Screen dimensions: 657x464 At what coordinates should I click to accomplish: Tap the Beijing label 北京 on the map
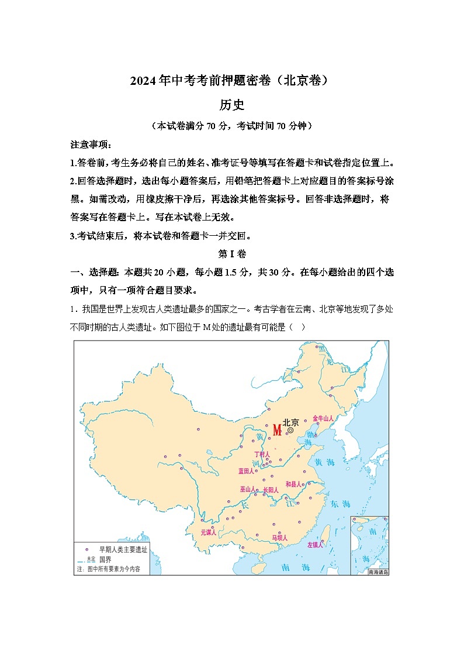291,422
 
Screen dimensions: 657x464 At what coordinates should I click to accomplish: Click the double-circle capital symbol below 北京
290,431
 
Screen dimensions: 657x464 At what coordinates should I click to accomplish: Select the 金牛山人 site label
323,418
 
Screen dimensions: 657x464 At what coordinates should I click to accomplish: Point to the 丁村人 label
262,455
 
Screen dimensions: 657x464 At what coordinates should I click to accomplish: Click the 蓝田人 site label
246,471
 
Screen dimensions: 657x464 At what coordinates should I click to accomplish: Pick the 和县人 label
293,484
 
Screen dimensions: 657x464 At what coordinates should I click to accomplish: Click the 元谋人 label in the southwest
209,532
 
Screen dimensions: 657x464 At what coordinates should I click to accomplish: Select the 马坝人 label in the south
279,537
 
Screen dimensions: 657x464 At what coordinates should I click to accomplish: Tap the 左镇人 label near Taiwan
316,545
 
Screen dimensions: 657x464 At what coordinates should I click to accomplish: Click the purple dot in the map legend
88,549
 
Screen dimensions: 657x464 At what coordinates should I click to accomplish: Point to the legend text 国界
106,559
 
